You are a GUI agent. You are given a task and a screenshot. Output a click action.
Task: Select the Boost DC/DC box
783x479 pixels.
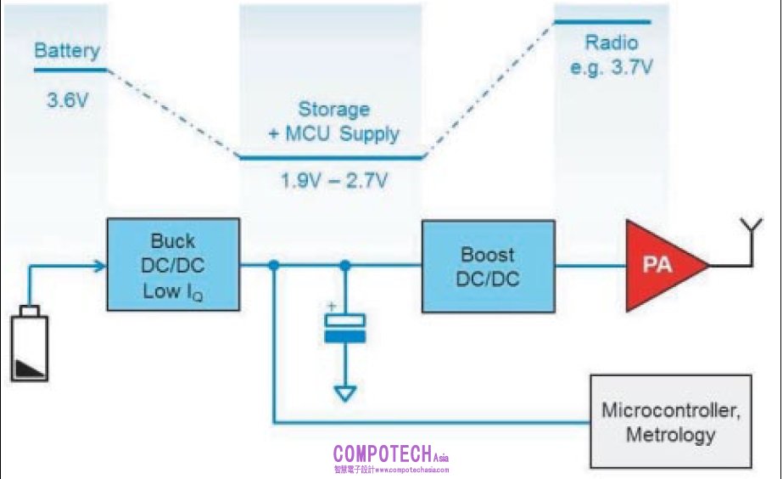[489, 266]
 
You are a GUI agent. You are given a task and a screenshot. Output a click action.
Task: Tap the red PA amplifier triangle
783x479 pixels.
[661, 265]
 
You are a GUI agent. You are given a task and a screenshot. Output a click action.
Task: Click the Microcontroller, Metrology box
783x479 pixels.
[670, 422]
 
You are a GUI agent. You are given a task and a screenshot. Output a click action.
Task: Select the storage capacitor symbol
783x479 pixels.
[344, 328]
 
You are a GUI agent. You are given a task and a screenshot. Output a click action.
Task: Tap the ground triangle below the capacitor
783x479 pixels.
[344, 394]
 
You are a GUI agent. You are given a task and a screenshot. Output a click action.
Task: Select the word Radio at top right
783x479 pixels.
[612, 43]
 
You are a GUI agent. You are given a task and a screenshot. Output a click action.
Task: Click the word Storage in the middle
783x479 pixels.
[333, 110]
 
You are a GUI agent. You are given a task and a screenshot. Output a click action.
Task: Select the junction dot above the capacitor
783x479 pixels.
[344, 267]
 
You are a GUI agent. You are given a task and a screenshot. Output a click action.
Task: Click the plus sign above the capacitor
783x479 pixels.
[333, 306]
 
